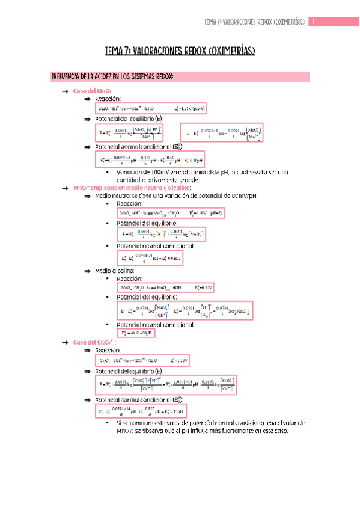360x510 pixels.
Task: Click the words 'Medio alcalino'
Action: pos(110,271)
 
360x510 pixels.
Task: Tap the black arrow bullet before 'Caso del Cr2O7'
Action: pos(64,342)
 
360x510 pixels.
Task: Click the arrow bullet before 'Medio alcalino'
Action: pos(88,271)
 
